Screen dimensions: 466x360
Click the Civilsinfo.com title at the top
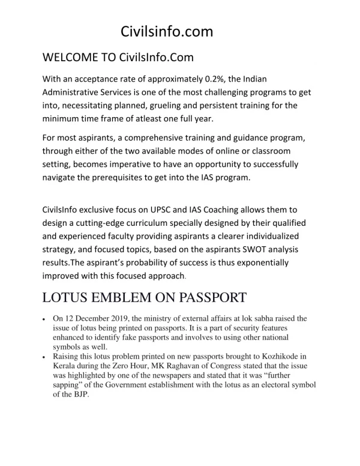point(167,31)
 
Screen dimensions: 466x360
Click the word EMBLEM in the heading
point(127,297)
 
